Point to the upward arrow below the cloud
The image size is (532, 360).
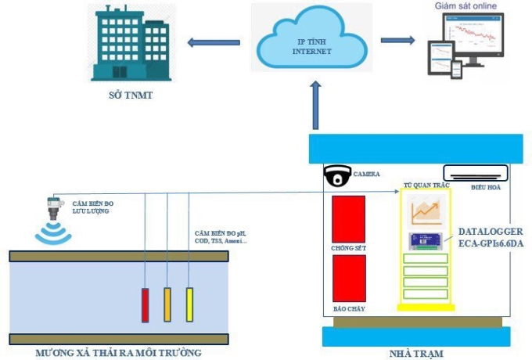(x=315, y=106)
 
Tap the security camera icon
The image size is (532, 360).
(x=336, y=176)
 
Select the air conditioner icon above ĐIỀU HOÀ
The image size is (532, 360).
(x=474, y=172)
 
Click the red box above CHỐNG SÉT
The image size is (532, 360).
(x=349, y=218)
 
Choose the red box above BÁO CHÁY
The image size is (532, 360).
(x=349, y=278)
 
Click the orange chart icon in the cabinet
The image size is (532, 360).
(x=426, y=211)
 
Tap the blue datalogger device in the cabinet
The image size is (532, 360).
(x=426, y=242)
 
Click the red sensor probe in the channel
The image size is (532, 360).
(x=146, y=304)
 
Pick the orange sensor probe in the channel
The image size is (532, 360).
(x=167, y=304)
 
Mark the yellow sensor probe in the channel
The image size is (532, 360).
(x=189, y=304)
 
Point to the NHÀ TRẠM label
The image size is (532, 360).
(x=416, y=353)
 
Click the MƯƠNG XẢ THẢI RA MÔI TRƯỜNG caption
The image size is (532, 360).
(x=118, y=353)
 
